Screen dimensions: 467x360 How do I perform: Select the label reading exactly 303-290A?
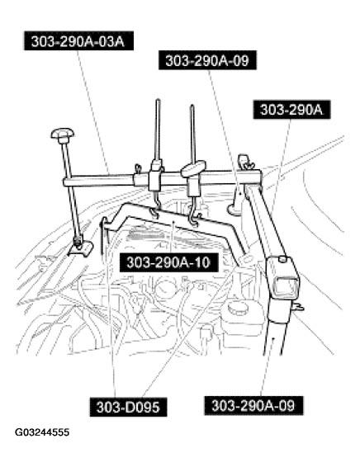pos(290,109)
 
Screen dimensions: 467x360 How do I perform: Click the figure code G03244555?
pos(43,455)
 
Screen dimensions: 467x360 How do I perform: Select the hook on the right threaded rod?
pos(195,219)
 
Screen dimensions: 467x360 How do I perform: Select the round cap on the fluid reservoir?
pos(239,307)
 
